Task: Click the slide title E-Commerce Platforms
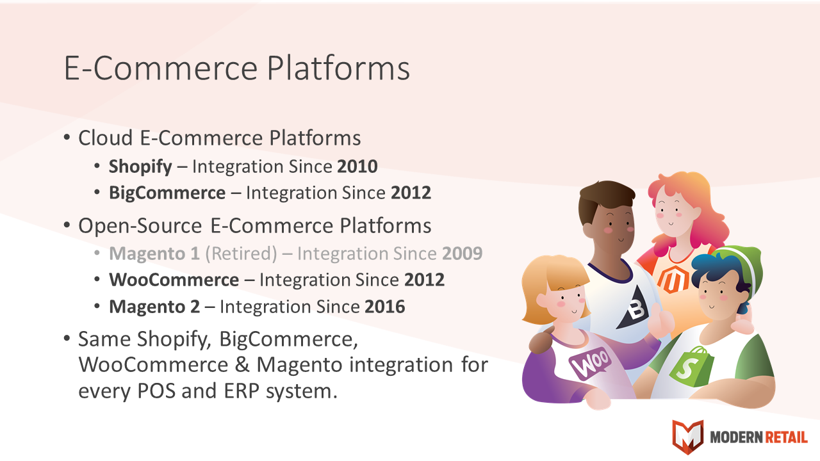click(237, 69)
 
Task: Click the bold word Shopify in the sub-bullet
click(140, 167)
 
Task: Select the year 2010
click(357, 166)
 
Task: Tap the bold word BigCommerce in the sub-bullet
click(167, 193)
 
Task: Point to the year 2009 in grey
click(463, 254)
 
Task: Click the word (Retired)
click(241, 254)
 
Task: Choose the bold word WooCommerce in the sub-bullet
click(174, 280)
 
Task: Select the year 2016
click(385, 307)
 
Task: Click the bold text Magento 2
click(154, 307)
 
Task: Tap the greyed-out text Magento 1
click(154, 254)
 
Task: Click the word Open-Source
click(140, 226)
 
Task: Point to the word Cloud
click(106, 138)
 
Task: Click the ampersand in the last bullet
click(242, 365)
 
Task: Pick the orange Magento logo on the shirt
click(673, 280)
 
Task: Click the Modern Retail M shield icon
click(688, 437)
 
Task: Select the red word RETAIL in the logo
click(786, 437)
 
